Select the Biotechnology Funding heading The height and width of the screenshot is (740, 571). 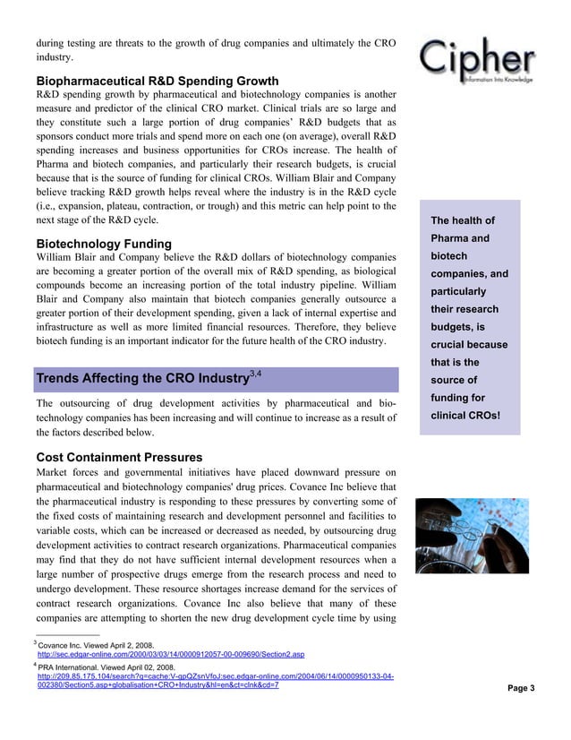point(104,244)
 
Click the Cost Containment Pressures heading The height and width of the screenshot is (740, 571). point(125,457)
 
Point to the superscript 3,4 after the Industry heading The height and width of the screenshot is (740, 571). point(255,372)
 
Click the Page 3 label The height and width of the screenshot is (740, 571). point(520,687)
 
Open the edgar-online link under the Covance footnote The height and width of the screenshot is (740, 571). point(170,654)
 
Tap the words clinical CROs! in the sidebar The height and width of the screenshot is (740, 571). point(464,416)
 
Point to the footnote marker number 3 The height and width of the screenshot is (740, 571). point(35,642)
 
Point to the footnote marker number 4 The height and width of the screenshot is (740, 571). point(35,665)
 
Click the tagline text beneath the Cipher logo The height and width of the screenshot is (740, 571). point(498,79)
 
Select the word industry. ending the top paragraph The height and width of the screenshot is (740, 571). point(54,56)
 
